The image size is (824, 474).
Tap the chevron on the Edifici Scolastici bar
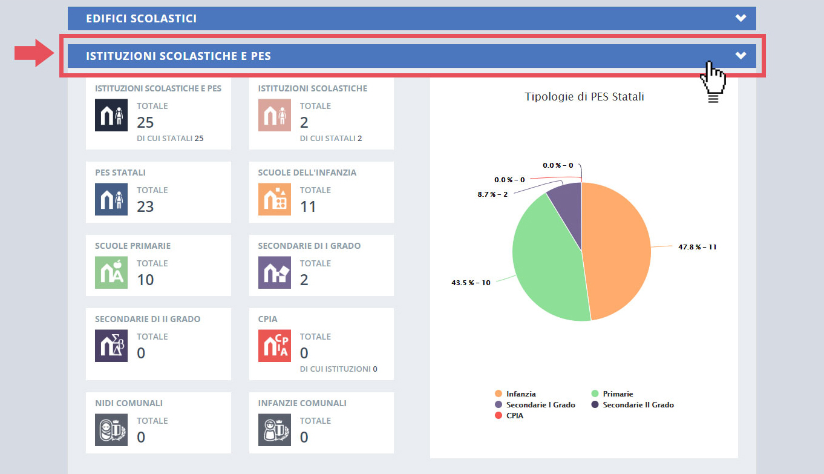741,18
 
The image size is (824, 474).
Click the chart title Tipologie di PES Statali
584,96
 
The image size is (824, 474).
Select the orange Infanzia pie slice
617,251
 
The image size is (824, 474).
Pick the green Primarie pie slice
544,260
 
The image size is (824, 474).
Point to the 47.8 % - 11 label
697,247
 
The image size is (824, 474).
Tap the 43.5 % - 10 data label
471,283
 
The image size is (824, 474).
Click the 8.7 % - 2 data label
492,194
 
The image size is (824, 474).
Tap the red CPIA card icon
274,346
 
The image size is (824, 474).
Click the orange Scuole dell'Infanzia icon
274,199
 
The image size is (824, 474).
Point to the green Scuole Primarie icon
111,272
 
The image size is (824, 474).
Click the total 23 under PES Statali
145,206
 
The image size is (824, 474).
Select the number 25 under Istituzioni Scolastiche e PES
145,122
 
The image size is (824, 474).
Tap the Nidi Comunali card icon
111,430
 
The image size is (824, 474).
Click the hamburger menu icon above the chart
713,98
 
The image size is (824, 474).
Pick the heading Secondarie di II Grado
148,319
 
